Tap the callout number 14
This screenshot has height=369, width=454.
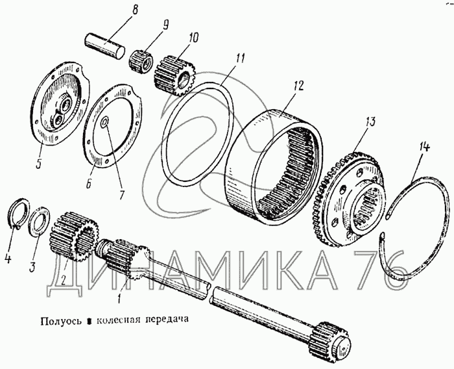point(423,147)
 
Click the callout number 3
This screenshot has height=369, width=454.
point(32,265)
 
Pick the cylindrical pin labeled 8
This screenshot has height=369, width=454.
point(105,46)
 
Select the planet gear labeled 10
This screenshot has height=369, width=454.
point(175,76)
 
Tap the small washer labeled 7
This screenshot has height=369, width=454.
point(104,121)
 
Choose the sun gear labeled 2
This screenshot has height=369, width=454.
point(75,236)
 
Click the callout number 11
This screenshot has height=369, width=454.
point(240,58)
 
